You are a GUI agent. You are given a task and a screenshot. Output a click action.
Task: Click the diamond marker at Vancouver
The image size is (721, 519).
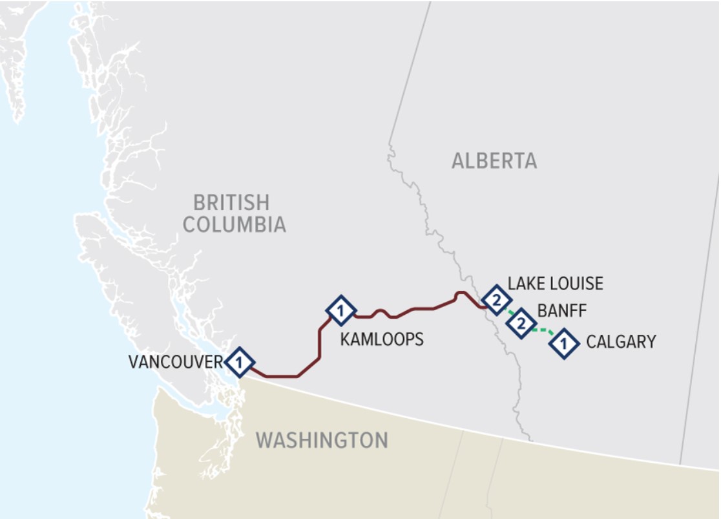click(240, 362)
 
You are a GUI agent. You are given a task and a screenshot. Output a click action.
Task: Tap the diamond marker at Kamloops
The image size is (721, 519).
click(340, 311)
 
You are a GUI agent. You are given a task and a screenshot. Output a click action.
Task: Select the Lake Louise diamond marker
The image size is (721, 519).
click(496, 300)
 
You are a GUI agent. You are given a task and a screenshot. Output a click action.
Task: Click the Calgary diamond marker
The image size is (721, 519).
click(563, 344)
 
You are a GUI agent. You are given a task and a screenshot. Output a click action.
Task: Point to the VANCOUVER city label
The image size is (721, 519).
click(175, 362)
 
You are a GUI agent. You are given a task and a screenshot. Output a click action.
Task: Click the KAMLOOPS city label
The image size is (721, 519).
click(382, 339)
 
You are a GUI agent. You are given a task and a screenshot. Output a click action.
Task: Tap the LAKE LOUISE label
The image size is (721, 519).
click(555, 284)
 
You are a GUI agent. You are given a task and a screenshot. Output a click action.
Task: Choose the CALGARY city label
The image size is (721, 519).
click(621, 341)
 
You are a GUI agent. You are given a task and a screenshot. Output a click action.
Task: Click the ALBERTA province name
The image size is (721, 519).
click(494, 161)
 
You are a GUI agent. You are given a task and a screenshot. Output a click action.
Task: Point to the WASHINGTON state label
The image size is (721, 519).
click(322, 440)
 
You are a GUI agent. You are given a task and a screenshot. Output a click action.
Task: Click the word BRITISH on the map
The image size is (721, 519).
click(231, 202)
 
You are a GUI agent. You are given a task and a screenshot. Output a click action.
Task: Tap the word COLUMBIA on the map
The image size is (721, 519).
click(234, 224)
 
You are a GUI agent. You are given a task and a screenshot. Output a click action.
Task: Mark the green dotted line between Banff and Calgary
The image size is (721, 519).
click(543, 332)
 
